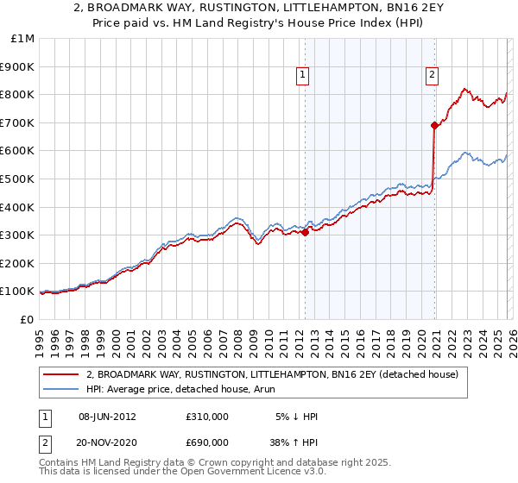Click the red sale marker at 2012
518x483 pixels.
[x=305, y=232]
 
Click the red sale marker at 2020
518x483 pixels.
[x=434, y=125]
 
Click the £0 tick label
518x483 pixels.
[x=27, y=319]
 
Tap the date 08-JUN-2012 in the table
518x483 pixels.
[x=107, y=417]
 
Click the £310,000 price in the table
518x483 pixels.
[x=206, y=417]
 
